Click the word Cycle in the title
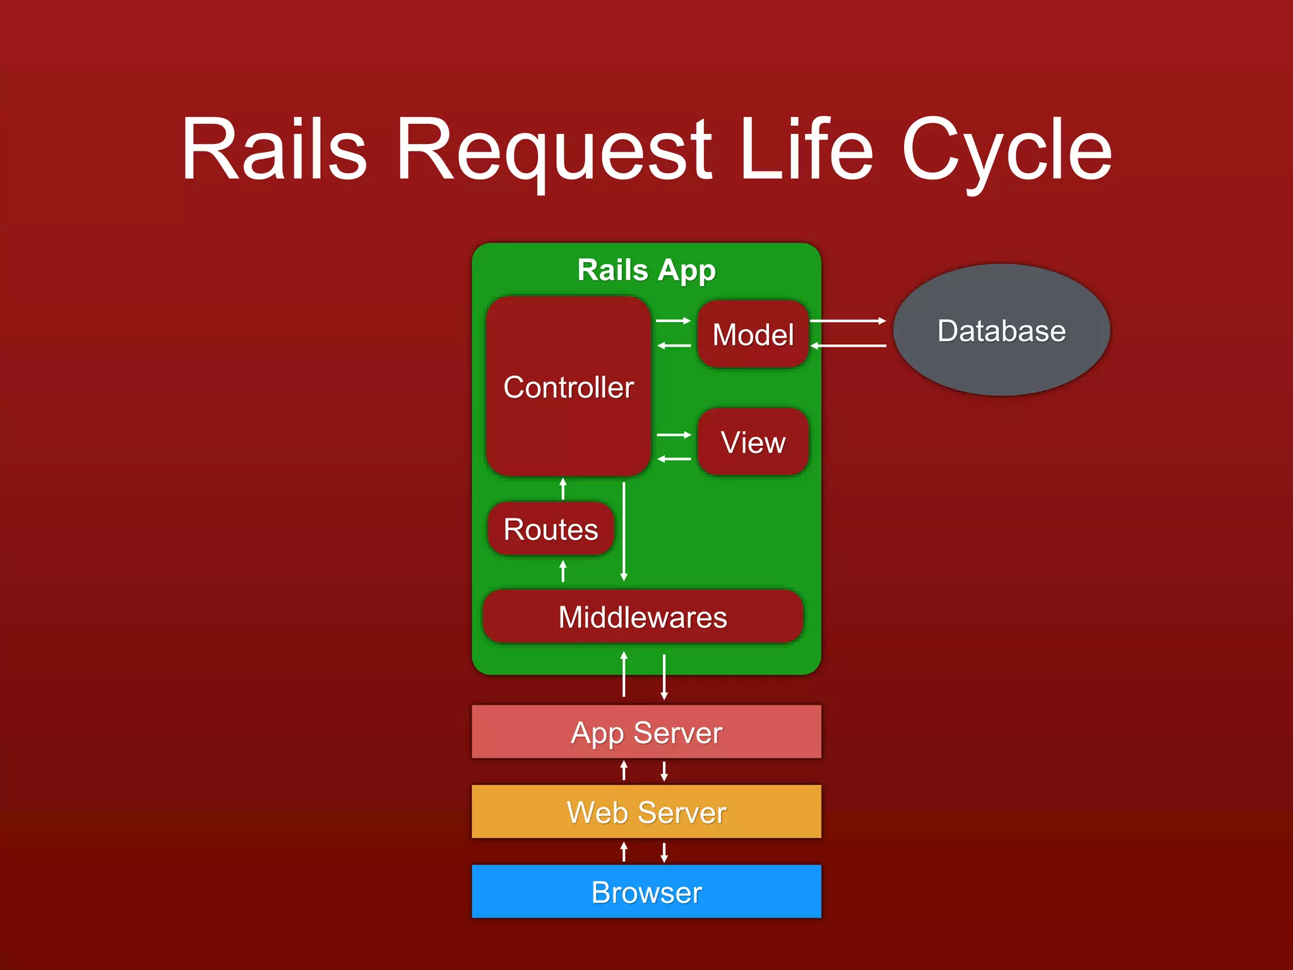[1006, 152]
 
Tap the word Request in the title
[554, 152]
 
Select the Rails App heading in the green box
[646, 270]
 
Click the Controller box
[568, 386]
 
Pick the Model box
[753, 334]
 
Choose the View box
[753, 441]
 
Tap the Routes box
[551, 529]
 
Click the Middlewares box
[643, 617]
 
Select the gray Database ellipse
[1001, 330]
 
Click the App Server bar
[646, 733]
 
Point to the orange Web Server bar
[646, 812]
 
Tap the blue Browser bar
[646, 892]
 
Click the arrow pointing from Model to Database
[848, 321]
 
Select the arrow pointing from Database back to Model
[848, 345]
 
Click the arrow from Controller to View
[674, 434]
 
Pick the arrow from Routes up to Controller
[563, 489]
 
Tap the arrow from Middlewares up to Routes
[563, 572]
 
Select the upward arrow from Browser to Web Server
[624, 852]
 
